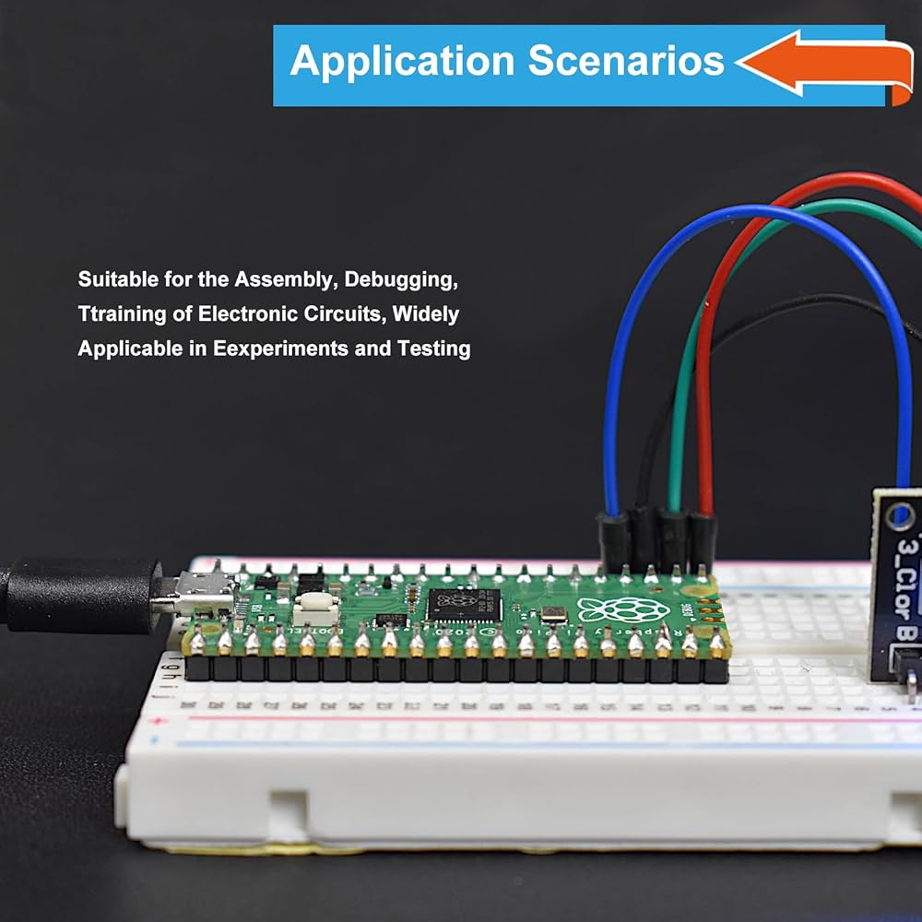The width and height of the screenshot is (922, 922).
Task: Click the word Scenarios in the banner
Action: click(x=626, y=61)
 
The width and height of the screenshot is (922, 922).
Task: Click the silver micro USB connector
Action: click(x=198, y=593)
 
